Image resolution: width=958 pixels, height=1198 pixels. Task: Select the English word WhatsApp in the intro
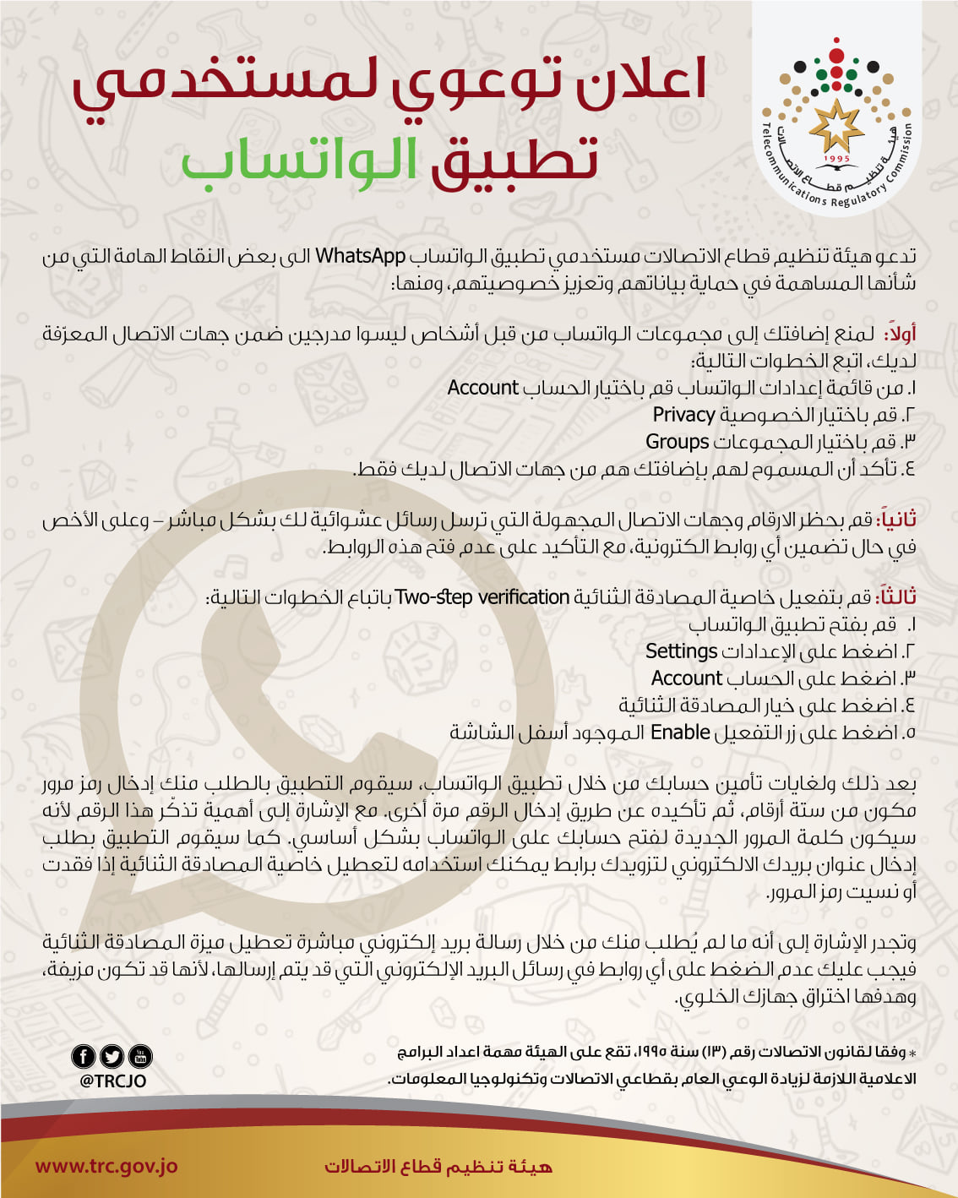click(360, 256)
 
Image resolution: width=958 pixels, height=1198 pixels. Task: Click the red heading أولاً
click(901, 334)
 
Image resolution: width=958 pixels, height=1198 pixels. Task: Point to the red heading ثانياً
click(897, 519)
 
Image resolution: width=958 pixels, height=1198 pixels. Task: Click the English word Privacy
click(683, 415)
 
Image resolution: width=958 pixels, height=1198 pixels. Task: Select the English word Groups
click(677, 442)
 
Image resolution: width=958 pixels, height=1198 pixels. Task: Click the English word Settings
click(681, 651)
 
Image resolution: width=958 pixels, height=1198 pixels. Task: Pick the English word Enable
click(679, 732)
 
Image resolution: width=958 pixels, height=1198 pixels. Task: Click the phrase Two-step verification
click(482, 597)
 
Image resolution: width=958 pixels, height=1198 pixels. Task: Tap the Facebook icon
click(84, 1056)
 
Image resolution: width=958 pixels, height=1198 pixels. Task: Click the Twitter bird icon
click(112, 1056)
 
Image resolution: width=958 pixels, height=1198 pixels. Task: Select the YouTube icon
click(140, 1056)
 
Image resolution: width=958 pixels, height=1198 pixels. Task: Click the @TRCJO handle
click(112, 1081)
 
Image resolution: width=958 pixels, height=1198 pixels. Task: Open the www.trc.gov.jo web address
click(106, 1167)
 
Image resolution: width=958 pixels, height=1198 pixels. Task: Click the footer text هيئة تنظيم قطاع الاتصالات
click(438, 1167)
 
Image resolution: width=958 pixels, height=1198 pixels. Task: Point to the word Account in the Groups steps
click(482, 388)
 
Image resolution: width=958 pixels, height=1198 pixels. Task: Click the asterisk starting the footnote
click(912, 1054)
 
